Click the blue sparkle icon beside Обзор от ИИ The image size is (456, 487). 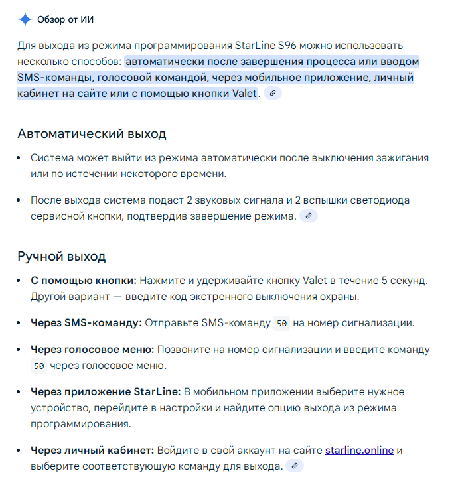pyautogui.click(x=25, y=19)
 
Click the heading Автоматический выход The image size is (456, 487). pyautogui.click(x=92, y=133)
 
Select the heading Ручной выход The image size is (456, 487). pyautogui.click(x=61, y=256)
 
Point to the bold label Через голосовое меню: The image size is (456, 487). pyautogui.click(x=92, y=349)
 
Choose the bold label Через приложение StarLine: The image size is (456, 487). pyautogui.click(x=106, y=392)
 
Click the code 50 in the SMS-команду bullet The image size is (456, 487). pyautogui.click(x=281, y=324)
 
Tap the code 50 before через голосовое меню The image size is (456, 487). pyautogui.click(x=38, y=366)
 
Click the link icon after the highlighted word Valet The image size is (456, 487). pyautogui.click(x=272, y=94)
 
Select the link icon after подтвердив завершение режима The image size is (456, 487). pyautogui.click(x=308, y=216)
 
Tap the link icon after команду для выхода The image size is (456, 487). pyautogui.click(x=294, y=466)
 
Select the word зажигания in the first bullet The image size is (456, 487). pyautogui.click(x=396, y=158)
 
